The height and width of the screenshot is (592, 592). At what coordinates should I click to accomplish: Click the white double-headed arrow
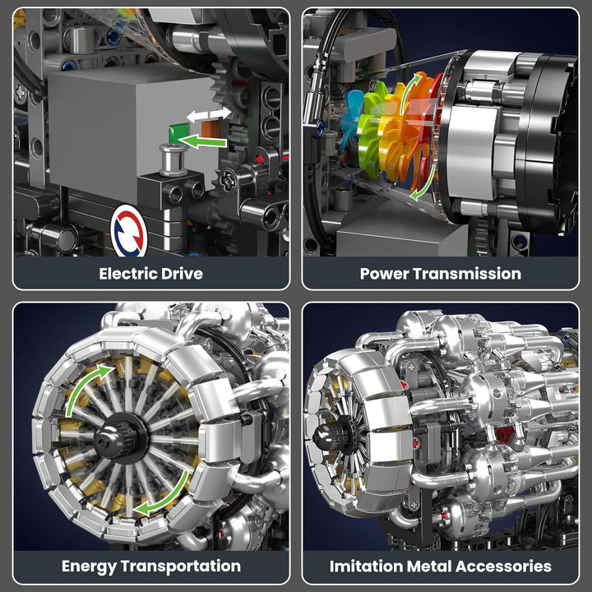pyautogui.click(x=209, y=114)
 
